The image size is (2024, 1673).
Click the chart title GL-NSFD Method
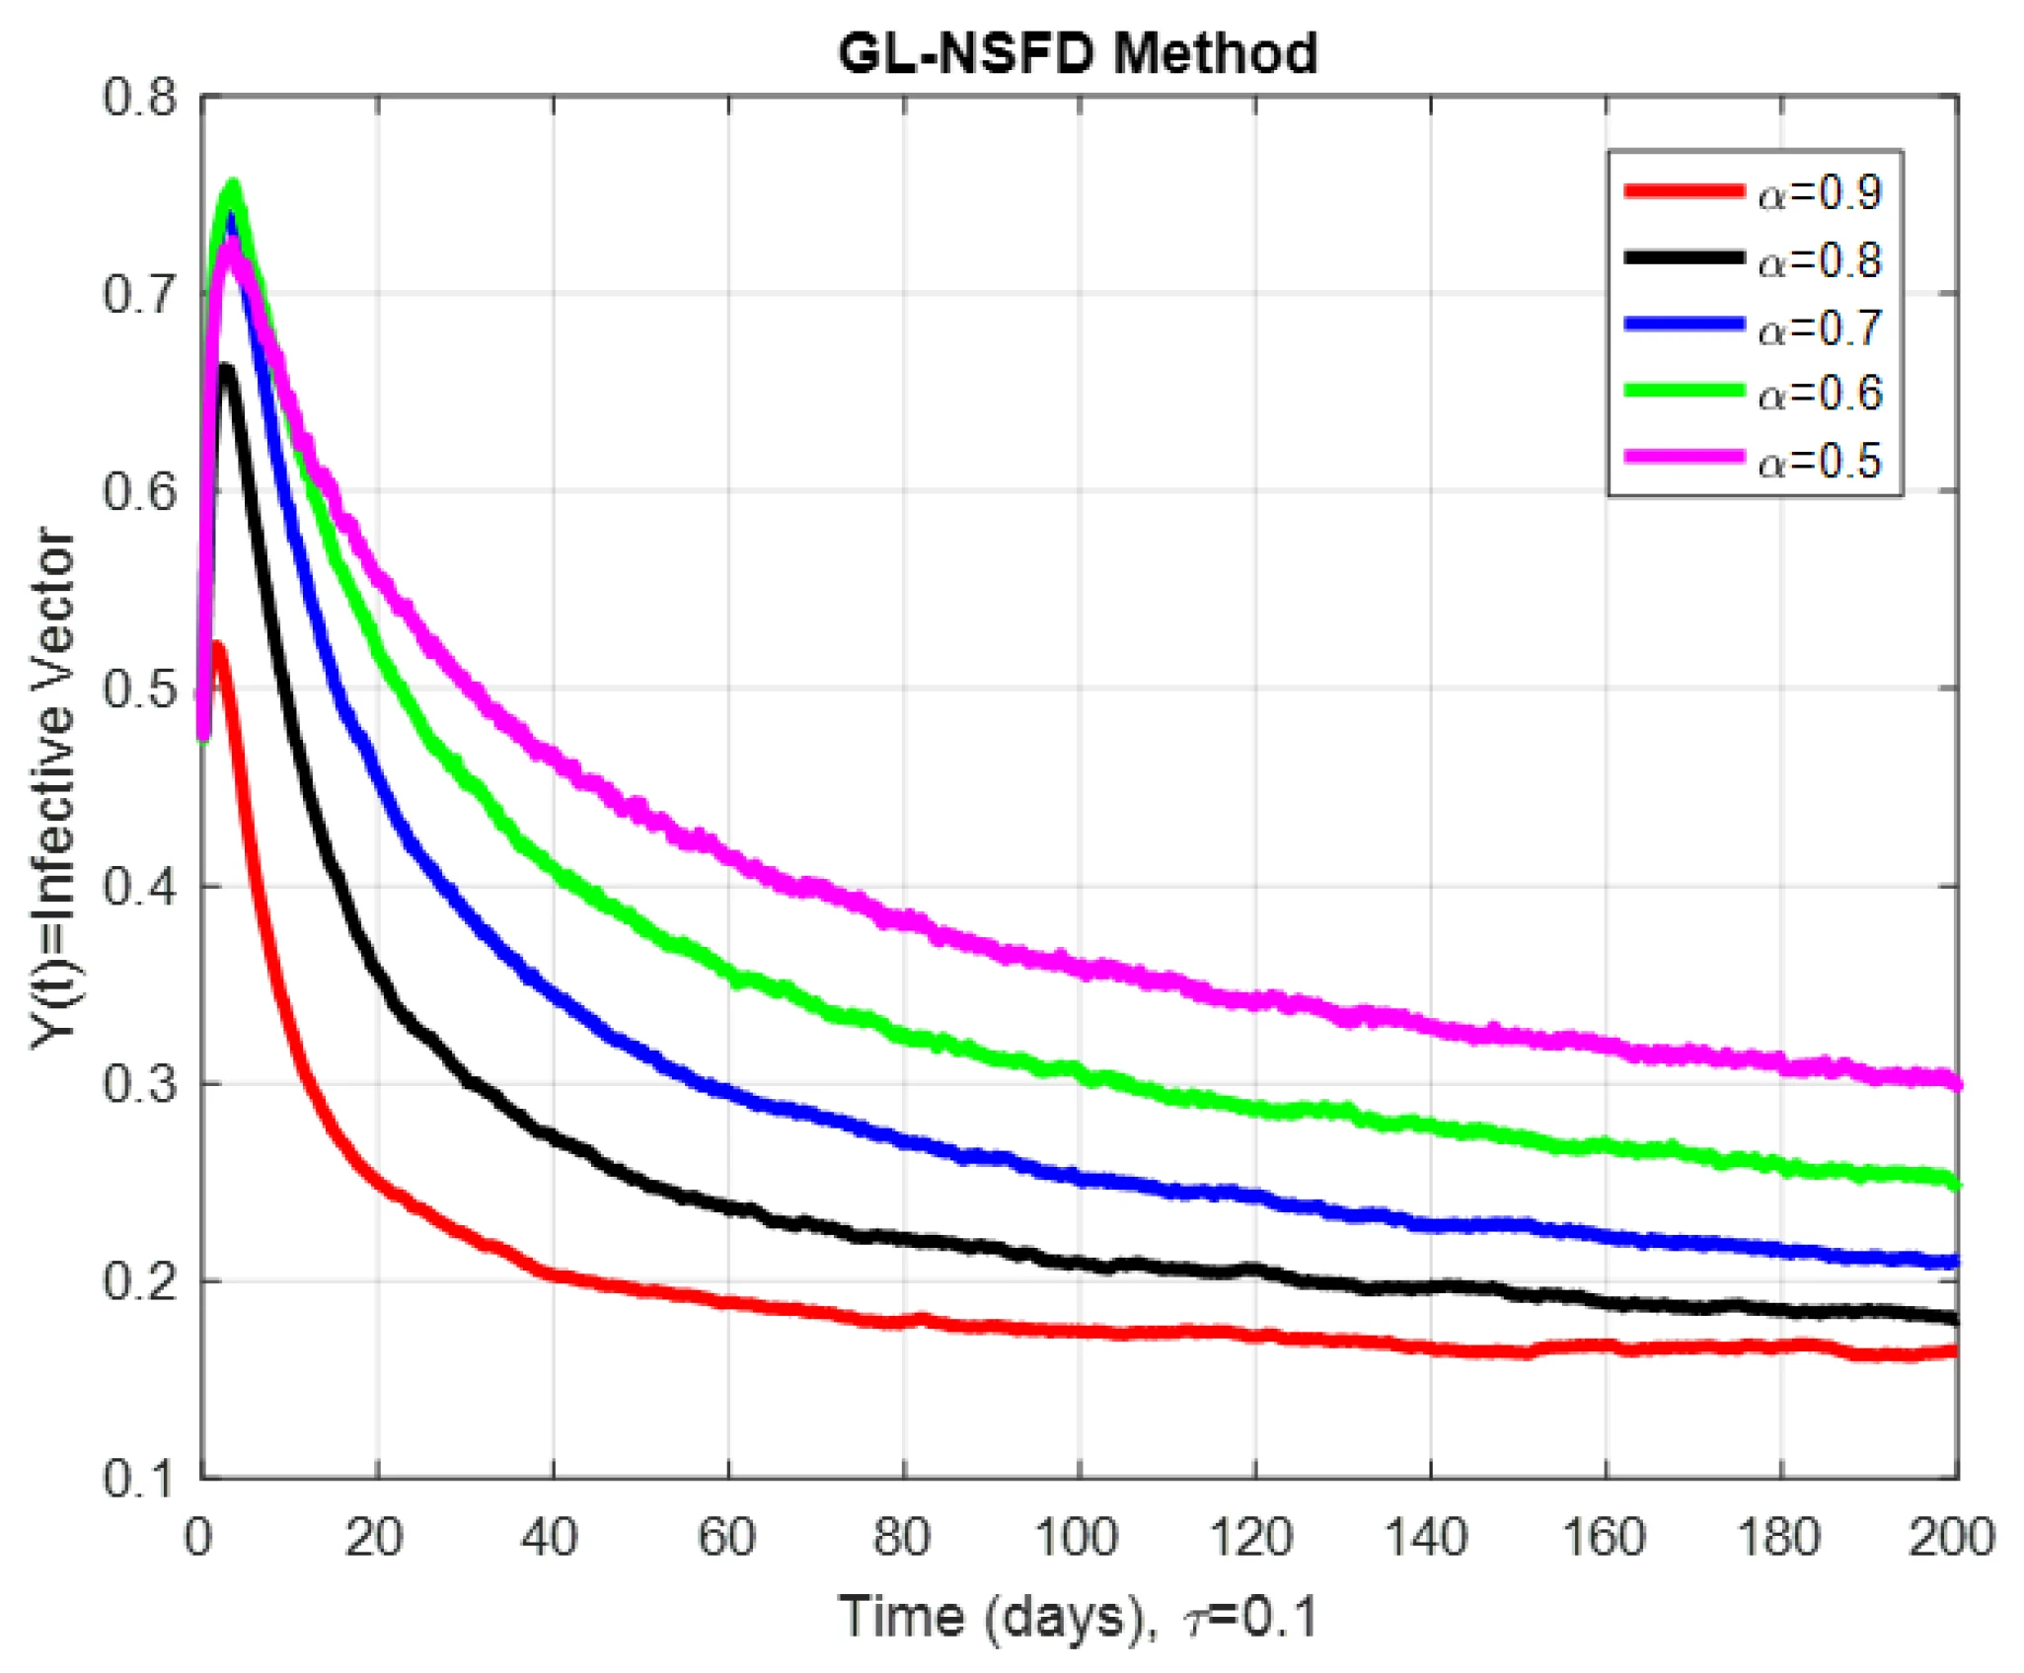coord(1078,53)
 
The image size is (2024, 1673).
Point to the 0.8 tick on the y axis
coord(139,98)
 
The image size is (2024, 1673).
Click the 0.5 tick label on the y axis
coord(139,689)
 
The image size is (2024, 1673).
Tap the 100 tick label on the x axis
coord(1078,1538)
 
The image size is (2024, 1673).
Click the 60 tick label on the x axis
coord(727,1538)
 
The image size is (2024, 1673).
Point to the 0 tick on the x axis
coord(199,1538)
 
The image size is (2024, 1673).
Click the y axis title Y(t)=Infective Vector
coord(54,789)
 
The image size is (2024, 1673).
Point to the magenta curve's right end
coord(1956,1084)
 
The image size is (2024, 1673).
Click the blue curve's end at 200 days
coord(1956,1262)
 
